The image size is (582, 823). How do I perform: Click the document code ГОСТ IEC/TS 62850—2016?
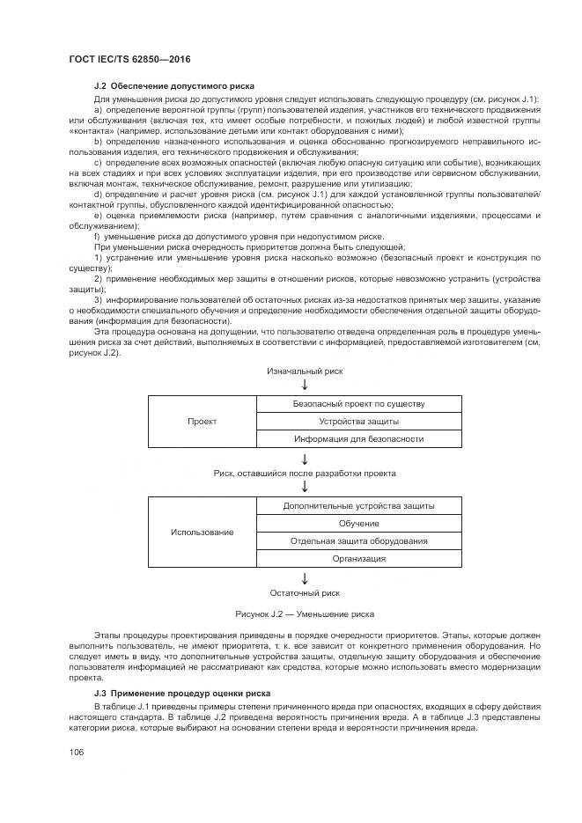(x=129, y=59)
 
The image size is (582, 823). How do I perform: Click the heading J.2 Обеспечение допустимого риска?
(x=174, y=86)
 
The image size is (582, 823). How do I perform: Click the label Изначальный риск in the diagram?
(x=305, y=371)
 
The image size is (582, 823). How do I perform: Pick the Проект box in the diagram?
(x=202, y=422)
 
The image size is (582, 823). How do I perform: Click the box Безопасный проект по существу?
(x=358, y=404)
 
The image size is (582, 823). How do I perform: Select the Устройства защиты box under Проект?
(x=358, y=421)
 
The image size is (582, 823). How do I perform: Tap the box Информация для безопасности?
(x=358, y=438)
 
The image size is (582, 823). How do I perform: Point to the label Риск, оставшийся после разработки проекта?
(x=305, y=473)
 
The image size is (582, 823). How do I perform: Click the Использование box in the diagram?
(x=202, y=533)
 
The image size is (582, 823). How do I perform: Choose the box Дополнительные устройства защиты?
(x=358, y=506)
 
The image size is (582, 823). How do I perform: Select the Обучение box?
(x=358, y=524)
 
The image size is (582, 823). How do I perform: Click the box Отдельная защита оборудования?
(x=358, y=541)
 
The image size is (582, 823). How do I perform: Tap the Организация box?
(x=358, y=559)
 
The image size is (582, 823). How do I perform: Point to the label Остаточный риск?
(x=305, y=593)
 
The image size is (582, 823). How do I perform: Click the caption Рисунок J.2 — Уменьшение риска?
(x=305, y=614)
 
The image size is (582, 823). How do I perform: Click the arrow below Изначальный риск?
(x=305, y=385)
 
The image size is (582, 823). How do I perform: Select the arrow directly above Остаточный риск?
(x=305, y=578)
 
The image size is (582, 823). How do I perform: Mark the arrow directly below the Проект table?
(x=305, y=459)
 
